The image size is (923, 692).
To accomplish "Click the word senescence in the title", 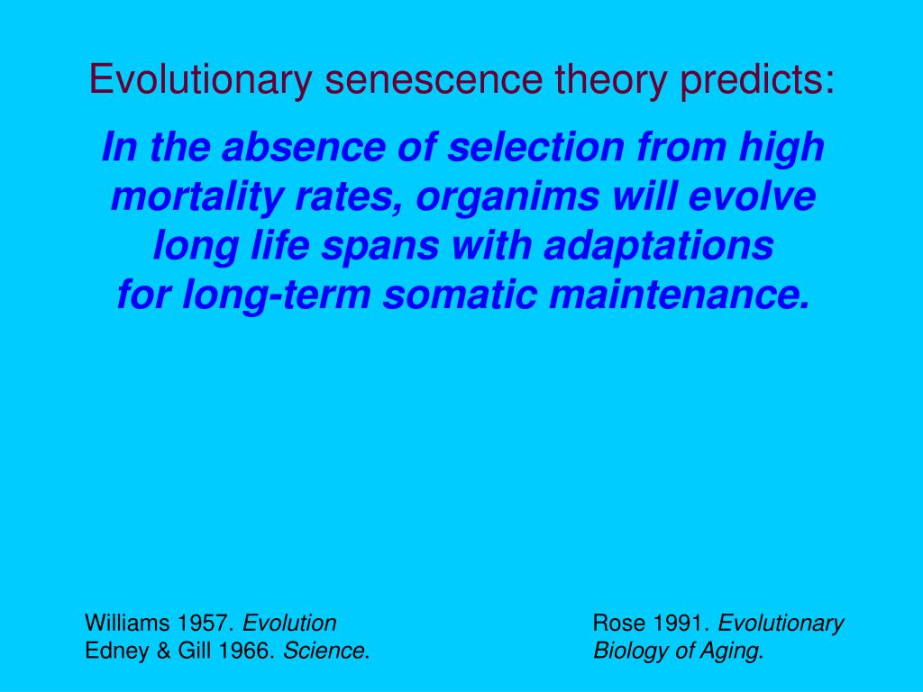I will pyautogui.click(x=434, y=80).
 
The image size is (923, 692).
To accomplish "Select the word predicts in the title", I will pyautogui.click(x=757, y=80).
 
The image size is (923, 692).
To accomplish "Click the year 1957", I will pyautogui.click(x=206, y=624).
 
